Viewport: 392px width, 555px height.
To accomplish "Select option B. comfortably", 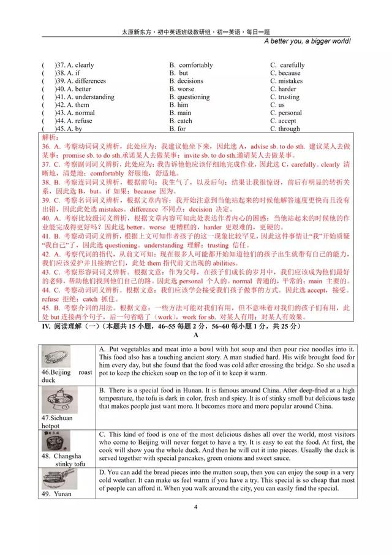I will (191, 65).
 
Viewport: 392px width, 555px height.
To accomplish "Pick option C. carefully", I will (287, 65).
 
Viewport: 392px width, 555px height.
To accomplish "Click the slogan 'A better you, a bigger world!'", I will (307, 41).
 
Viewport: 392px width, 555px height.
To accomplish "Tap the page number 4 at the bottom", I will (195, 507).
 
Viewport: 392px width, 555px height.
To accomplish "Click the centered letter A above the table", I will (195, 335).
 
